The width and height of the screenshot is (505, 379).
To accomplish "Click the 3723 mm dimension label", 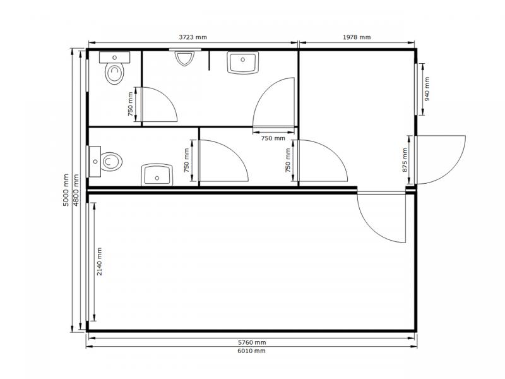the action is click(193, 37).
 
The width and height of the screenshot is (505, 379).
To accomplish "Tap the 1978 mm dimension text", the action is click(357, 37).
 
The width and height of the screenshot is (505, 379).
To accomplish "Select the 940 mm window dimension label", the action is click(427, 89).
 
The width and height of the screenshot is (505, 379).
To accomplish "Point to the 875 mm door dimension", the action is click(405, 160).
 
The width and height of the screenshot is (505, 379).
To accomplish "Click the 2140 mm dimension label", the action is click(99, 262).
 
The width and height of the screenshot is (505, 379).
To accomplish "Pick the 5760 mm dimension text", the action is click(252, 342).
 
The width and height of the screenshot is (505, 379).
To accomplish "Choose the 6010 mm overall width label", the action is click(251, 351).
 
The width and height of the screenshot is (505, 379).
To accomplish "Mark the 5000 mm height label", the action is click(66, 190).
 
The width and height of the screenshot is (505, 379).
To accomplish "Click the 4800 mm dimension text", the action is click(76, 190).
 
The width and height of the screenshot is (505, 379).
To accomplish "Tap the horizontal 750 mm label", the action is click(273, 138).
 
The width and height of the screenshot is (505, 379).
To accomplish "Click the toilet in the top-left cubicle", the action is click(114, 74).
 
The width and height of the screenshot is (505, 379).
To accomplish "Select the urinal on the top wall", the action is click(184, 58).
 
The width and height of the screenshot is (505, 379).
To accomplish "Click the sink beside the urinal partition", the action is click(243, 63).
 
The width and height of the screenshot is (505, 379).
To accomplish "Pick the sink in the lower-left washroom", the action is click(157, 175).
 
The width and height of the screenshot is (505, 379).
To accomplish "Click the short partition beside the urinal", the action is click(209, 60).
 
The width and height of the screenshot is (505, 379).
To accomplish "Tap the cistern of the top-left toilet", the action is click(114, 57).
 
